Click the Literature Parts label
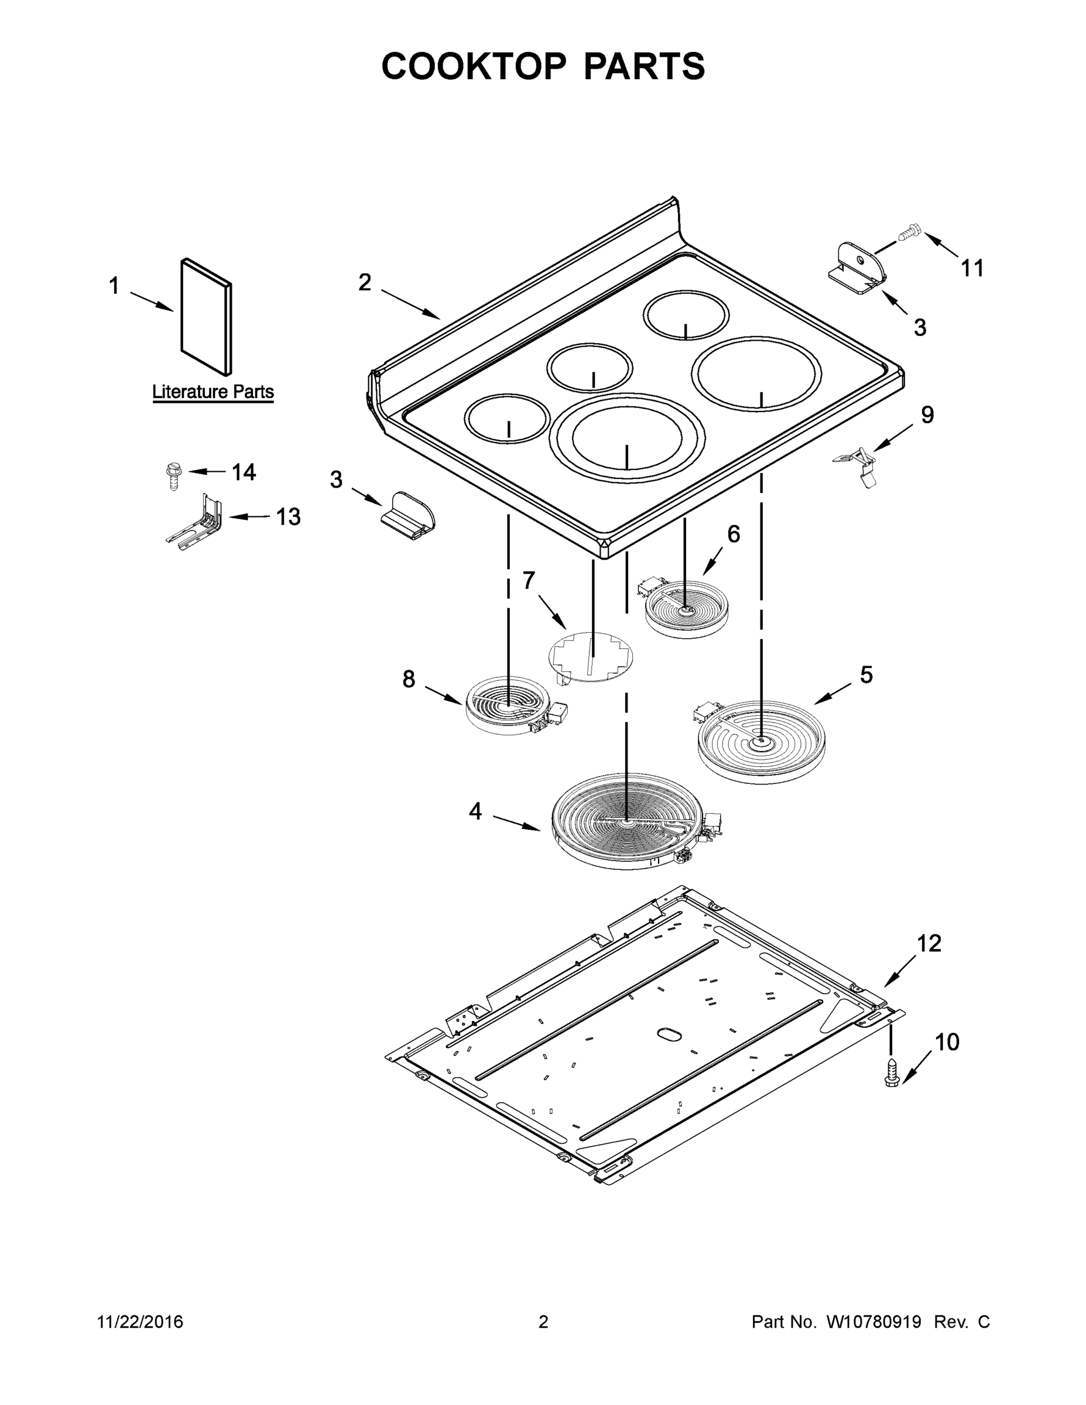213,391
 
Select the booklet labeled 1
206,317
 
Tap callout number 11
972,268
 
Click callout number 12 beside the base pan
929,943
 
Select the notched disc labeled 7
591,657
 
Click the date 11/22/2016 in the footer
141,1321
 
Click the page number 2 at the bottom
543,1321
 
